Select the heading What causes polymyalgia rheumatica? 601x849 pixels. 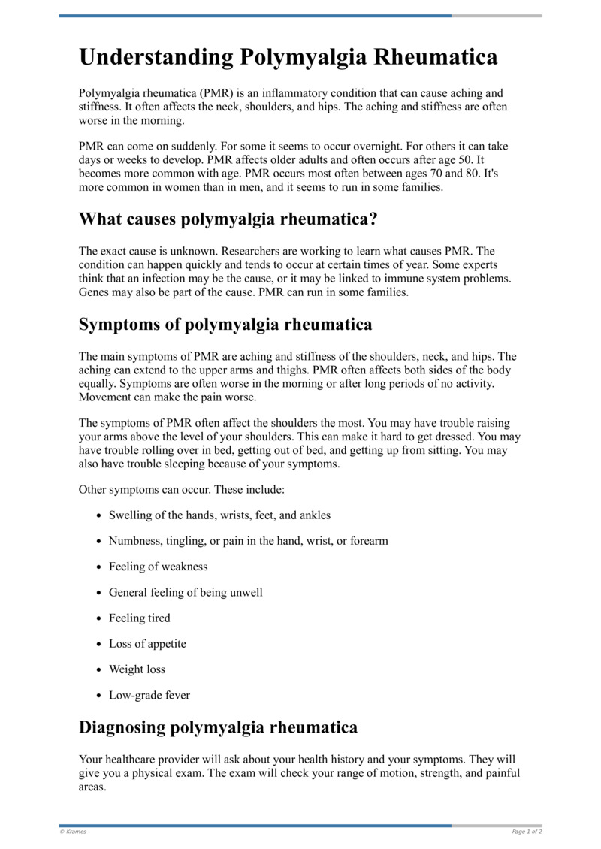228,219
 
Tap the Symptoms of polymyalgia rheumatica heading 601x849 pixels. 225,325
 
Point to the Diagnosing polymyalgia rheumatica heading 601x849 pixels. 218,727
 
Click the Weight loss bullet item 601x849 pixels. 137,669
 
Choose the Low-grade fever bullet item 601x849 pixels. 149,695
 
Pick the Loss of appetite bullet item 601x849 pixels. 147,644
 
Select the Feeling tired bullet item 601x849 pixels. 140,618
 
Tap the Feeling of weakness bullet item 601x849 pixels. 158,567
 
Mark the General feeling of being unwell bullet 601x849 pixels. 186,592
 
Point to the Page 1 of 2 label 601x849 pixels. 527,832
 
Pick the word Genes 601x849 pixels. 94,292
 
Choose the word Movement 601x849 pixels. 105,397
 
